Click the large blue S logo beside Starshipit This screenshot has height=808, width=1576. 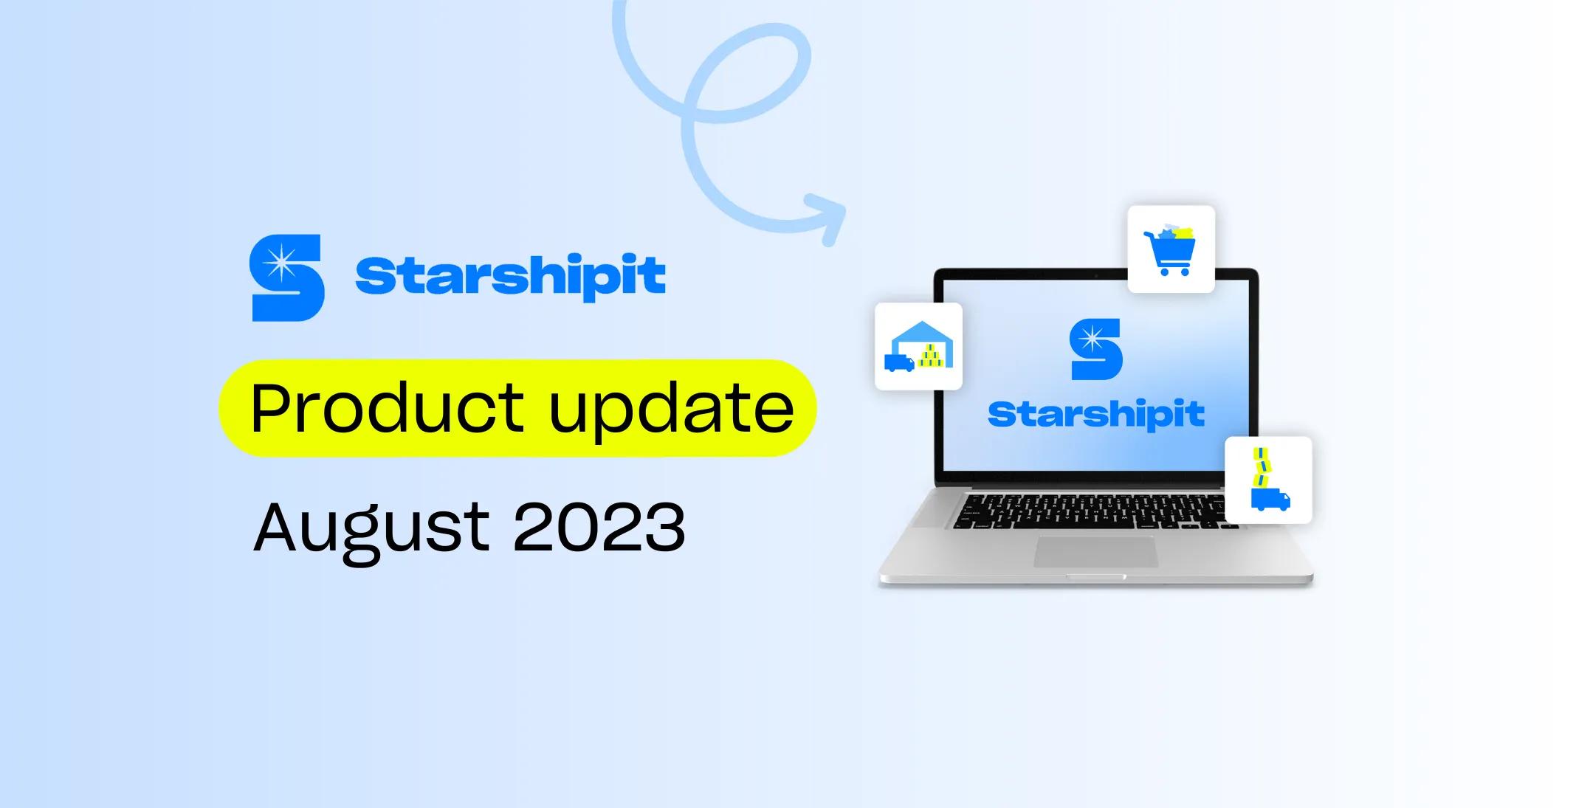click(287, 277)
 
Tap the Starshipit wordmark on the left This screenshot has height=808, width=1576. click(510, 276)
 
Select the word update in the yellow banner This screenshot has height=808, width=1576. click(671, 407)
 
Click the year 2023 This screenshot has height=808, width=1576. click(599, 527)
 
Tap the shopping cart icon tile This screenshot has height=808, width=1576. click(1171, 249)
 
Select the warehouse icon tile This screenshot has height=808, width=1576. click(918, 346)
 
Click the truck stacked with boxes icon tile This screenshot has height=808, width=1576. click(1268, 480)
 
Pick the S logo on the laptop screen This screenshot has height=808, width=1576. click(1095, 349)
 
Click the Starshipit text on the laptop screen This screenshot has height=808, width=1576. click(1095, 415)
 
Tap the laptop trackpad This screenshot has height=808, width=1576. click(1095, 552)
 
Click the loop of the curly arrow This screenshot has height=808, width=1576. click(746, 74)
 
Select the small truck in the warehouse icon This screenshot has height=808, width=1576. click(898, 363)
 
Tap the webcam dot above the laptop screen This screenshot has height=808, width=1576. click(1095, 276)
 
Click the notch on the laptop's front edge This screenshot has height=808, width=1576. click(1095, 577)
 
